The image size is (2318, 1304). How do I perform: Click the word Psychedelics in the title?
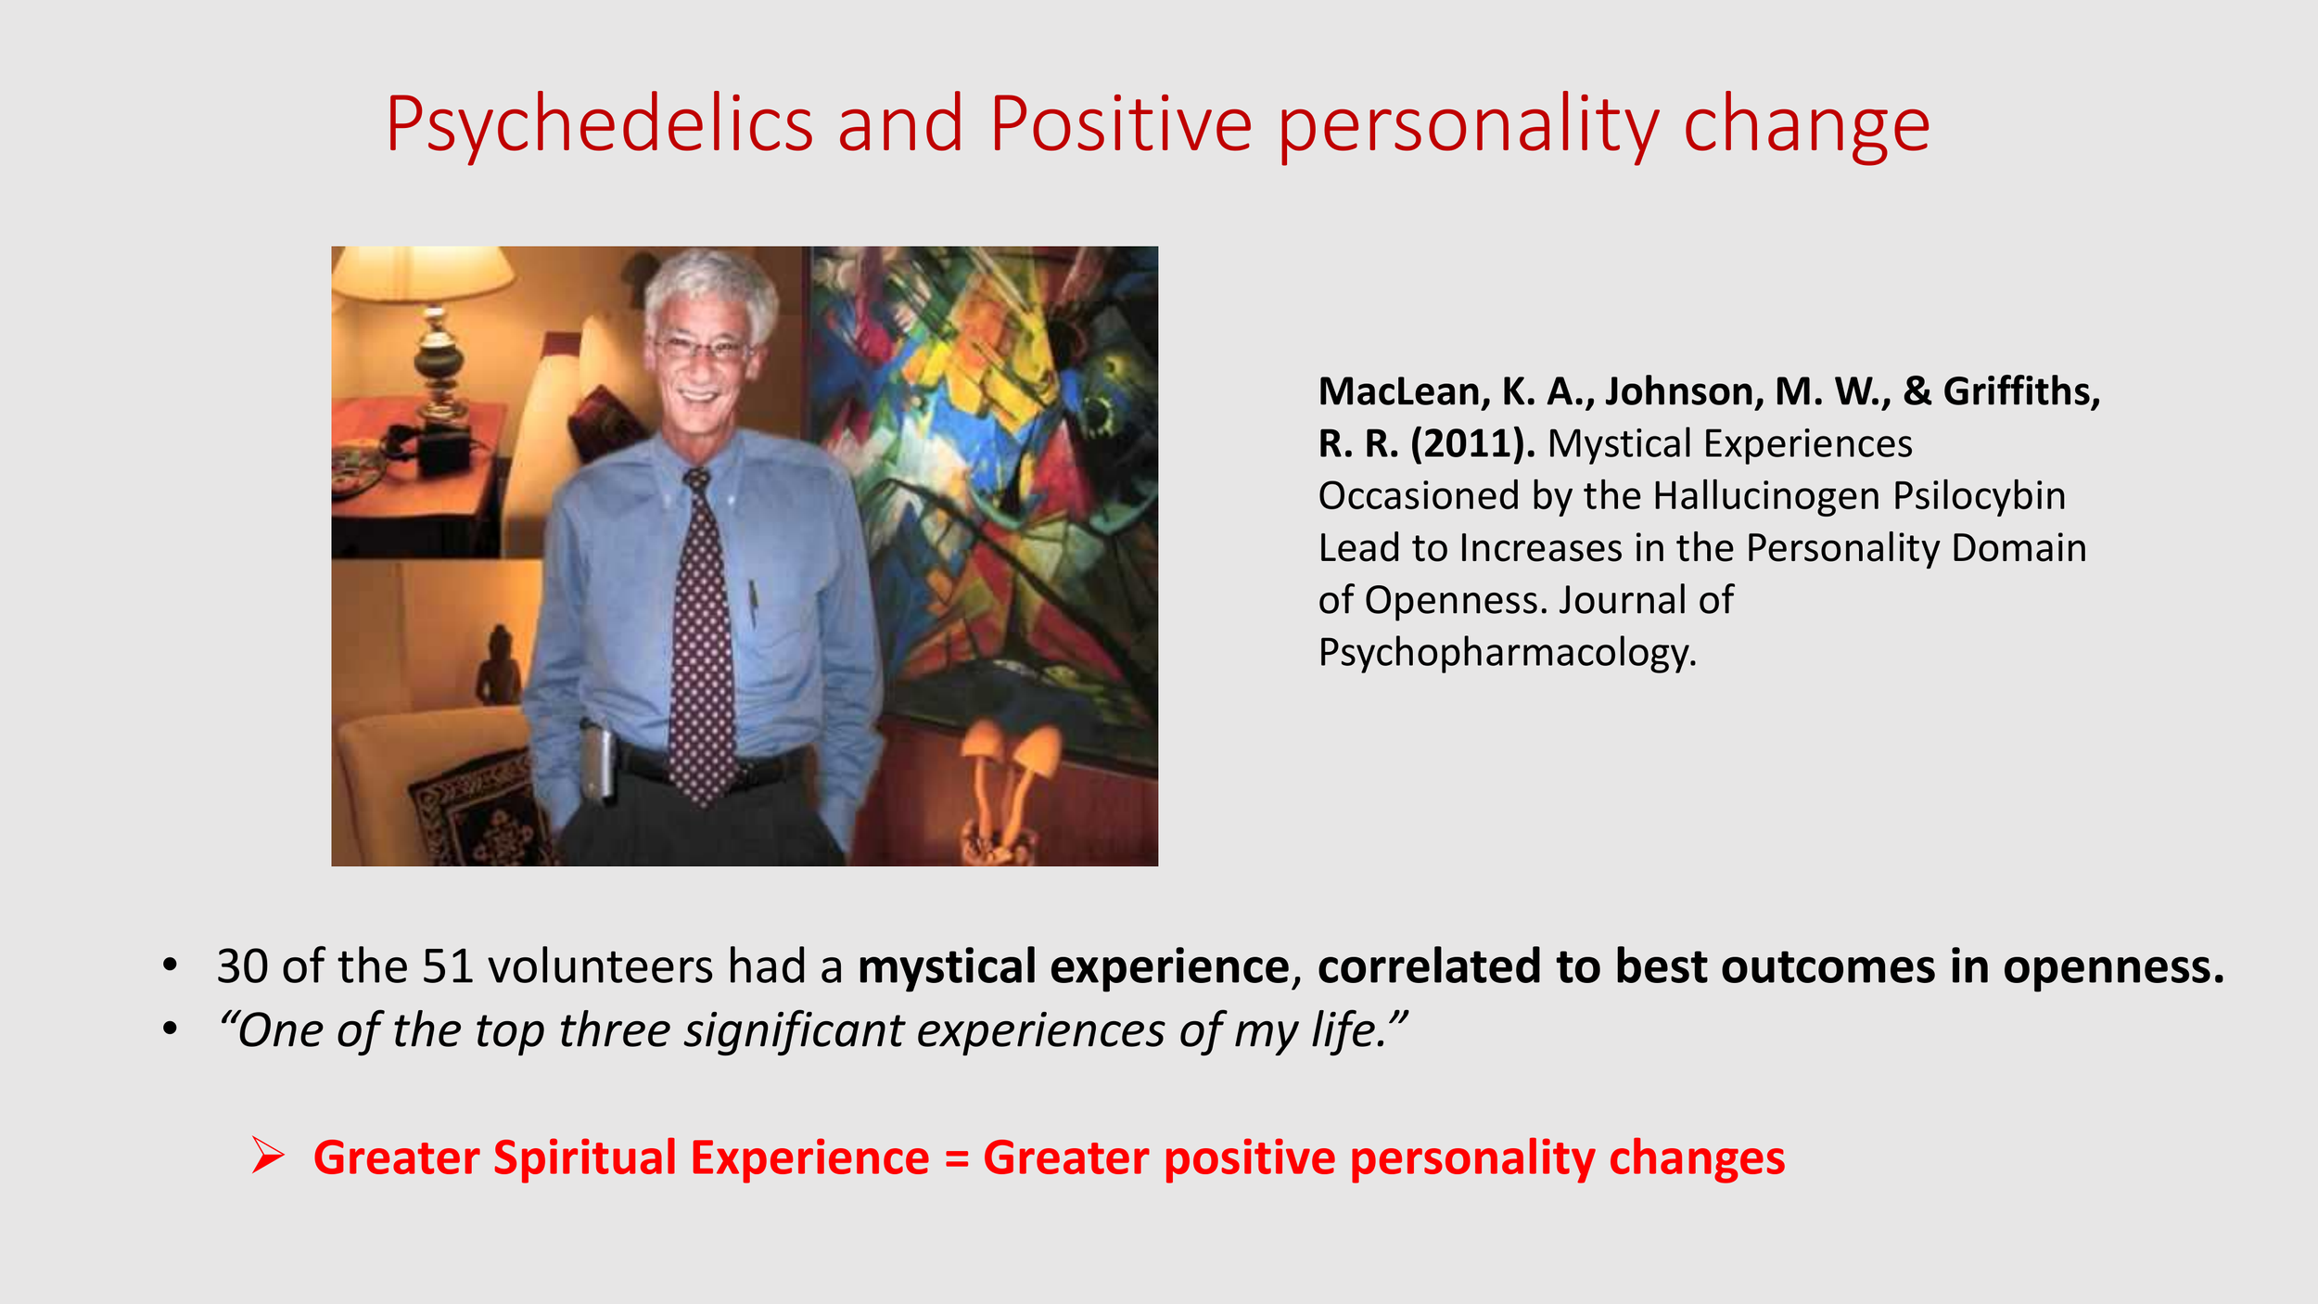(599, 125)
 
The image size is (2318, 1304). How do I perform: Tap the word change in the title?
(1805, 125)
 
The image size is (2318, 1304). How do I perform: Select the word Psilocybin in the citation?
(1979, 496)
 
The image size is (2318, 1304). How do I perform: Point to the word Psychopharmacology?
(1507, 653)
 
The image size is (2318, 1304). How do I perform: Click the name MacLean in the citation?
(1404, 391)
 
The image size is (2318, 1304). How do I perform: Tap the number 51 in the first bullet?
(447, 966)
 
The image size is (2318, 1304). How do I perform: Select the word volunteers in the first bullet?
(600, 966)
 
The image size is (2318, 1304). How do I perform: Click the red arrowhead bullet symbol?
(268, 1157)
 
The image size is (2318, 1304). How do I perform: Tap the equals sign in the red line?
(956, 1157)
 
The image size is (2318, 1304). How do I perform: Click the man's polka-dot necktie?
(702, 640)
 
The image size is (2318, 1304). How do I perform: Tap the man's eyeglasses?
(702, 350)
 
